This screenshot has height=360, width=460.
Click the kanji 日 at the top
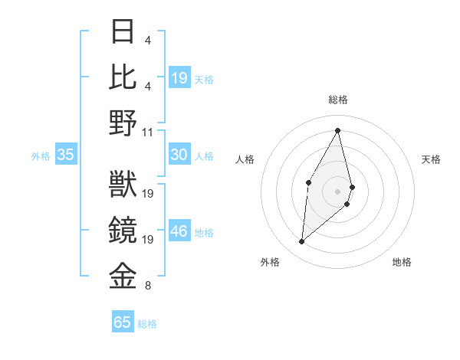123,31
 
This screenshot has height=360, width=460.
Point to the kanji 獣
123,185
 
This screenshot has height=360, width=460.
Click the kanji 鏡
123,231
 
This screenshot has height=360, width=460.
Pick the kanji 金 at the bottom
123,277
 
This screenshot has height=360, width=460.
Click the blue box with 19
179,77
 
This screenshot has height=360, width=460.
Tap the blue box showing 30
179,155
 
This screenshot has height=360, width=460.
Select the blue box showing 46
179,231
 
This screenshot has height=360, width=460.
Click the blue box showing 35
65,155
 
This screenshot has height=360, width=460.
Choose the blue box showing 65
123,322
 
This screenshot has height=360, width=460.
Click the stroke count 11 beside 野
148,131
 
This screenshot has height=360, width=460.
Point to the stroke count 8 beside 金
148,286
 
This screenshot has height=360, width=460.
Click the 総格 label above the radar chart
337,100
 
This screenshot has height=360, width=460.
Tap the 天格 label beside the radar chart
431,159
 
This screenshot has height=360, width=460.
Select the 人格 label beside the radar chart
245,159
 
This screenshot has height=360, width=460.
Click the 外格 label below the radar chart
270,262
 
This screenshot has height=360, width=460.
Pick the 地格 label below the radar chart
402,262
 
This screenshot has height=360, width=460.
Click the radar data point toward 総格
338,130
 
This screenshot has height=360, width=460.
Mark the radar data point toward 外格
302,242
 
